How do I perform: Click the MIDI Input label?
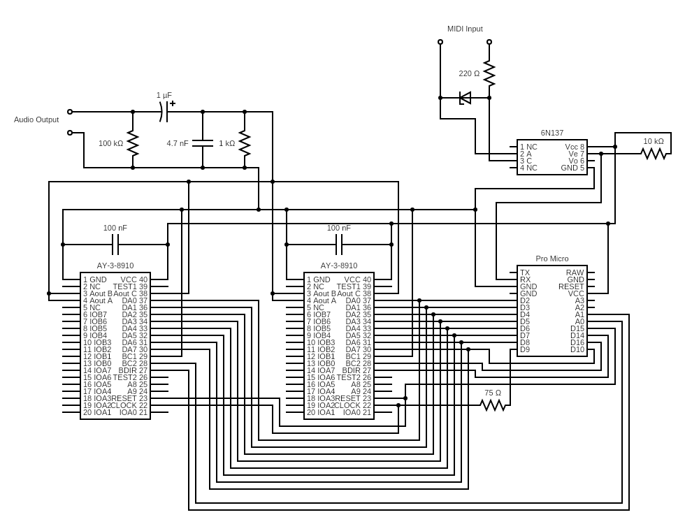click(465, 29)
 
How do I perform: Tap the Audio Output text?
click(36, 119)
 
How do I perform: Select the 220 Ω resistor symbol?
click(489, 73)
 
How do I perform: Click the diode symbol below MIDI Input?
click(465, 98)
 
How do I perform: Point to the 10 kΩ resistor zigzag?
click(654, 154)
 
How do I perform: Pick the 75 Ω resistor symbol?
click(493, 405)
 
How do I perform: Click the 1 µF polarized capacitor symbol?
click(164, 112)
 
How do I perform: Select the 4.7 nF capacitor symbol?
click(203, 143)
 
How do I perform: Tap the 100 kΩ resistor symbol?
click(133, 143)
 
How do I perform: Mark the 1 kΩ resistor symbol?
click(245, 143)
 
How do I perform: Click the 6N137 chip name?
click(551, 133)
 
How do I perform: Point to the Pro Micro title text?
click(551, 259)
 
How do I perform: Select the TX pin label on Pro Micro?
click(525, 272)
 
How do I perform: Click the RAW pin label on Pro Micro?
click(575, 272)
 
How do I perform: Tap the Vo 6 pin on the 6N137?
click(576, 161)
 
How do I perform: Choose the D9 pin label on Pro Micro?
click(525, 349)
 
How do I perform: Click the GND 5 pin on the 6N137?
click(572, 168)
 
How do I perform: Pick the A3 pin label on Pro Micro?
click(579, 300)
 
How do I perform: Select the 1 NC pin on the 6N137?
click(528, 147)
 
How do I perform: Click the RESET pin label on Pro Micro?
click(571, 286)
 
